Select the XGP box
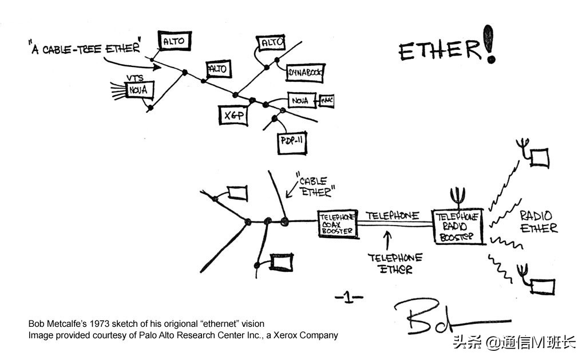pos(232,114)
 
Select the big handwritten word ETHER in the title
pos(439,50)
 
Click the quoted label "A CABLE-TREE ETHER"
pos(84,48)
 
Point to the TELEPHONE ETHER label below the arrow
pos(395,263)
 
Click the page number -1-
pos(349,296)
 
